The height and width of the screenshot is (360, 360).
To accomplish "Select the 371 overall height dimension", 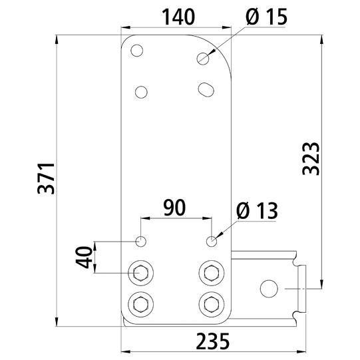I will (45, 178).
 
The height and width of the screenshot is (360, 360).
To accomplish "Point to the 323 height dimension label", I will (311, 158).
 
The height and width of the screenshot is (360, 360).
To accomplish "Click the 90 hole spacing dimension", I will (175, 207).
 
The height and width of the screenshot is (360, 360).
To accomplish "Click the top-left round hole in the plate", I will (137, 50).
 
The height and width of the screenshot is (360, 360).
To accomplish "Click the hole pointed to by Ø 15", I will (203, 58).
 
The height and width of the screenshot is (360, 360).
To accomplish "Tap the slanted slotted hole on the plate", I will (206, 88).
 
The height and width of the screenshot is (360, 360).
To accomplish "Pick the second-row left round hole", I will (141, 91).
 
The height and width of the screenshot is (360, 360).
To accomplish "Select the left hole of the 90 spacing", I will (141, 241).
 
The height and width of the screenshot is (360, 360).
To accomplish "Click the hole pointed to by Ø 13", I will (212, 241).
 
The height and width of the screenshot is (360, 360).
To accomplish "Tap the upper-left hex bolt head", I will (142, 272).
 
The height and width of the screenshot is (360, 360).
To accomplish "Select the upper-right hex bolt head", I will (212, 272).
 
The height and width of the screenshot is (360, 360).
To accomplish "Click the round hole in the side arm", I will (269, 289).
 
